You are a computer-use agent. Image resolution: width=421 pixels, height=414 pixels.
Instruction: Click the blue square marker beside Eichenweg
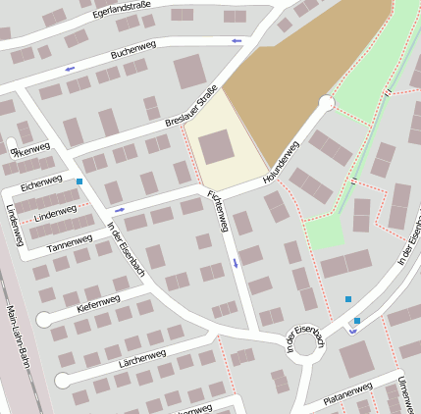click(x=79, y=181)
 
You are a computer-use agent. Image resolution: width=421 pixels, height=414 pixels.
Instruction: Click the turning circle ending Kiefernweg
click(x=44, y=320)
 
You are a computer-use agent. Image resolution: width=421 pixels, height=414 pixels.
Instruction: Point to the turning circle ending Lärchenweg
click(x=63, y=380)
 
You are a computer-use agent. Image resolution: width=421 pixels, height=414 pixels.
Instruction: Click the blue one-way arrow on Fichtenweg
click(x=236, y=263)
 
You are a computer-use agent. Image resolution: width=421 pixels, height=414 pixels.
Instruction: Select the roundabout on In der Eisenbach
click(x=307, y=342)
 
